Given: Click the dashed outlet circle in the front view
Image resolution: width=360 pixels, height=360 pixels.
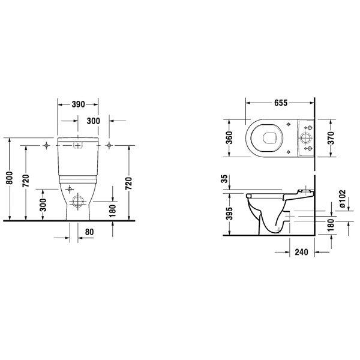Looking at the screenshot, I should tap(77, 202).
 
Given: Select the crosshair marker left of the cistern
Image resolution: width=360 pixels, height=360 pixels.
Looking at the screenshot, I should tap(46, 146).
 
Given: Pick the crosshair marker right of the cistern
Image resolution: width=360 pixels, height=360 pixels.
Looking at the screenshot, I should tap(108, 146).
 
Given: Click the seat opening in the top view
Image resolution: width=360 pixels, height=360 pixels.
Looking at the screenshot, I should tap(269, 139).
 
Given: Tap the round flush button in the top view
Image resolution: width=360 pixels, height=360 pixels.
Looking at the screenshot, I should tap(307, 139).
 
